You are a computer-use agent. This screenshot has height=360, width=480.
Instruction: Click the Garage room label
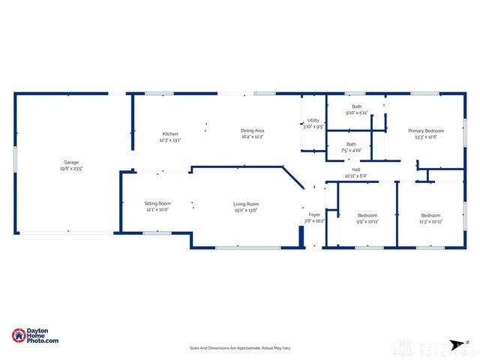tap(71, 162)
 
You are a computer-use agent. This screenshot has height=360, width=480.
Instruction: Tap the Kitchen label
tap(169, 133)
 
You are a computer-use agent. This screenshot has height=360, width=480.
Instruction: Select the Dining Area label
tap(252, 130)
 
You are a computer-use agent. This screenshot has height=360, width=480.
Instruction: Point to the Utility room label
tap(313, 120)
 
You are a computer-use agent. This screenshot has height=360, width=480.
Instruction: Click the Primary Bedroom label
tap(425, 130)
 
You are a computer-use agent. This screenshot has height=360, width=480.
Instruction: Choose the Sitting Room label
tap(157, 203)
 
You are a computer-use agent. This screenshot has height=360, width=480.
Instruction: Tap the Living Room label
tap(246, 204)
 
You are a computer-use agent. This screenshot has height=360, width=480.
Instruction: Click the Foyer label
tap(314, 214)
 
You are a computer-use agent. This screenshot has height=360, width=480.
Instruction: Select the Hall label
tap(356, 169)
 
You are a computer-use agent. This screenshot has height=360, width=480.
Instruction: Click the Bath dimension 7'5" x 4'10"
tap(351, 150)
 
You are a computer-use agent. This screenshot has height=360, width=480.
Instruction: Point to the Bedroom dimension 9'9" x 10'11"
tap(367, 221)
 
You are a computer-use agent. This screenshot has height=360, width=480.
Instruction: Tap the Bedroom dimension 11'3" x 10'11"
tap(430, 221)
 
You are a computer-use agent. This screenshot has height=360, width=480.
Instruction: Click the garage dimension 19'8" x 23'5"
tap(71, 169)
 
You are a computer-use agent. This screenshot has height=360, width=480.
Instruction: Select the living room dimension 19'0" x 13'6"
tap(246, 211)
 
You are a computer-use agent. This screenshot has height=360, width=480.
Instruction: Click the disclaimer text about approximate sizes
tap(240, 348)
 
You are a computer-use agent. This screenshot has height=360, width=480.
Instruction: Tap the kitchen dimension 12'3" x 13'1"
tap(169, 140)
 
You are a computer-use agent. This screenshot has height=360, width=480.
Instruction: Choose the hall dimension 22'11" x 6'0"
tap(356, 176)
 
